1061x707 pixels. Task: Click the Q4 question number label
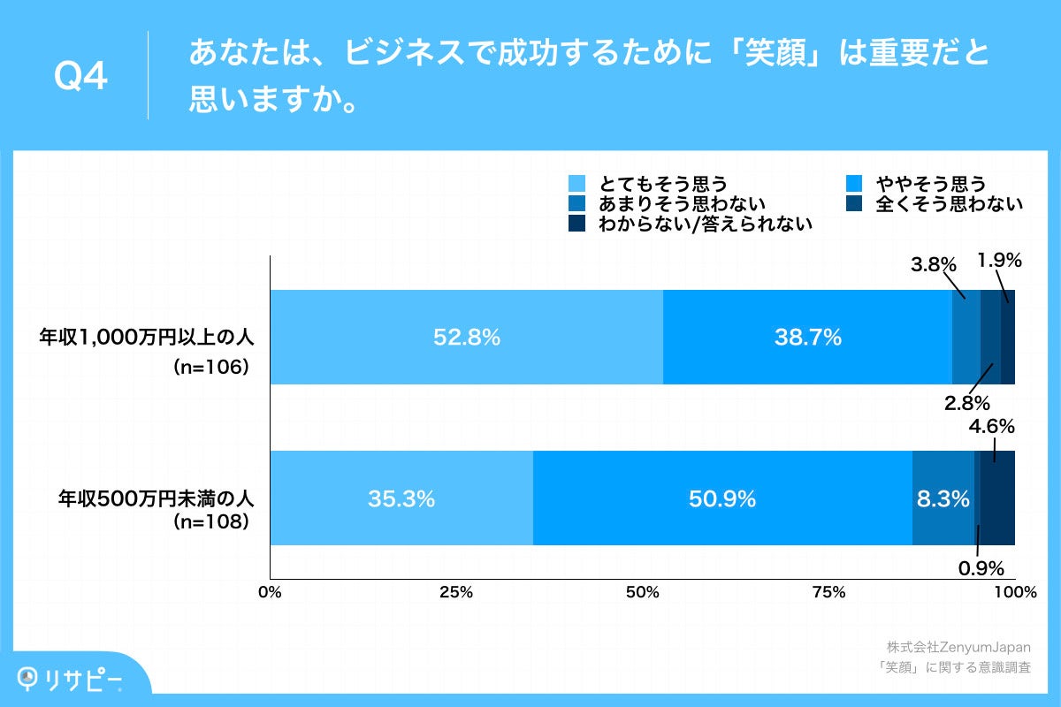[80, 77]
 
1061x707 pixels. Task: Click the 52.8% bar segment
[466, 337]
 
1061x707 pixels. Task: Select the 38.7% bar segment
[807, 337]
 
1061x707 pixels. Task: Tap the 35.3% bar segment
[401, 498]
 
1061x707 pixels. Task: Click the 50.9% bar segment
[721, 498]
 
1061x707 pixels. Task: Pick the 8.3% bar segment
[943, 498]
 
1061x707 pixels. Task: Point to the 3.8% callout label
[935, 264]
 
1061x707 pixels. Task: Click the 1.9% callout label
[999, 261]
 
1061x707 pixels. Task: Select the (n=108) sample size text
[210, 522]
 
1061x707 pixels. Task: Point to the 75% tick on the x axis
[828, 592]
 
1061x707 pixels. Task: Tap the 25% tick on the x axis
[455, 592]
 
